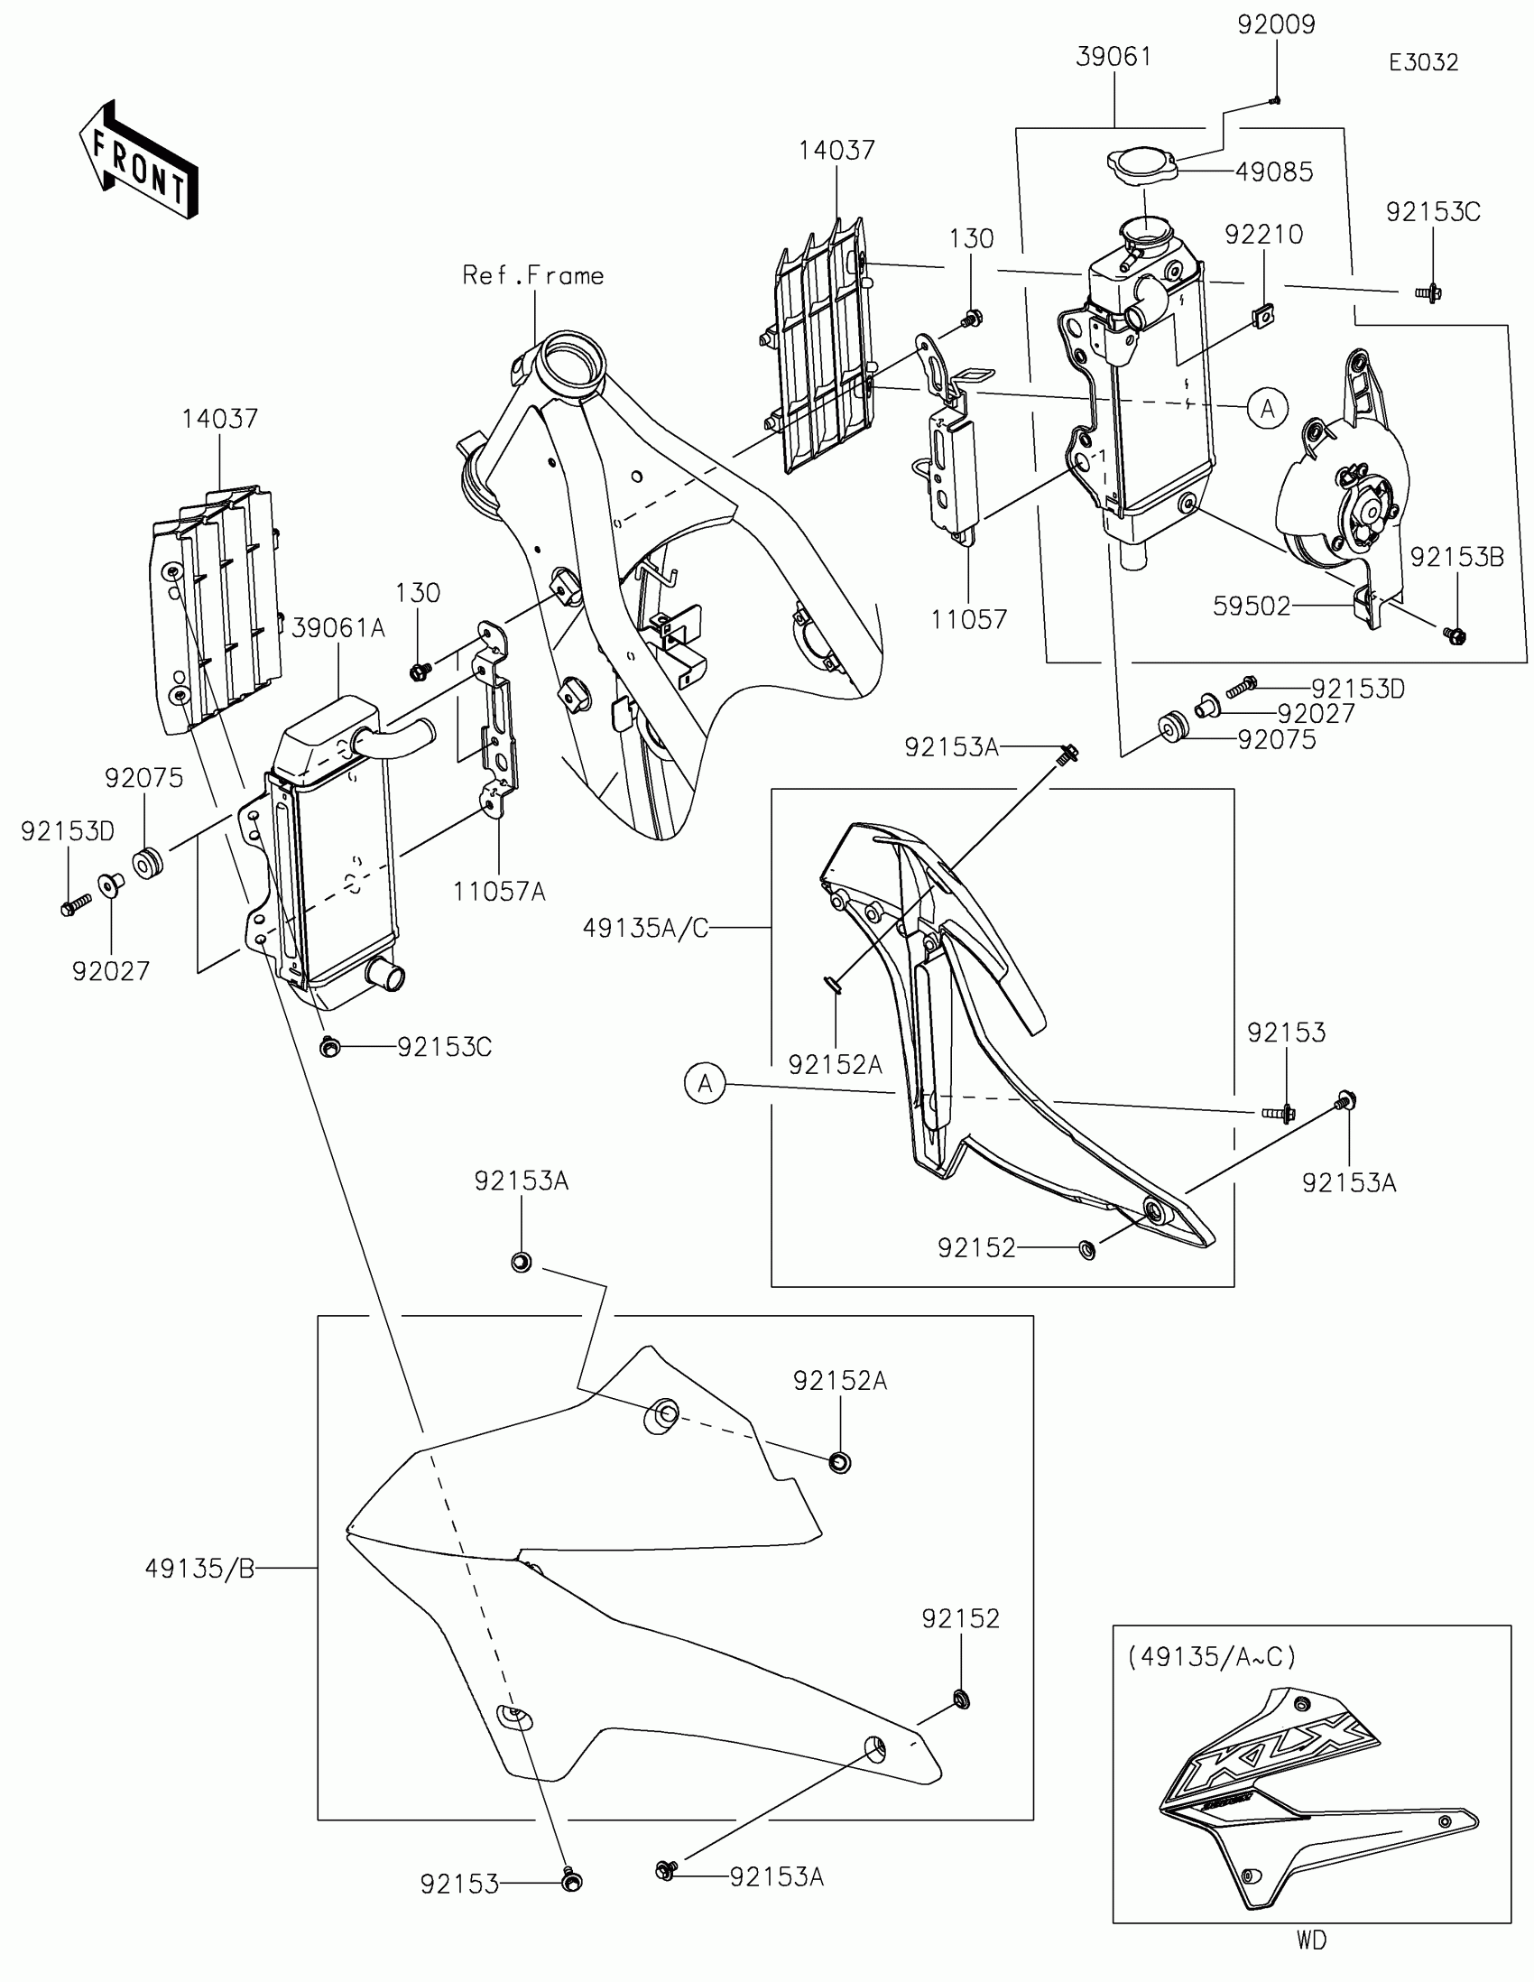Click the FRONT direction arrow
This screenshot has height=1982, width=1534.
pyautogui.click(x=138, y=160)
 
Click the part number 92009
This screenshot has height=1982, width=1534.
pyautogui.click(x=1275, y=24)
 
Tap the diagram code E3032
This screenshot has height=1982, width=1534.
pyautogui.click(x=1423, y=62)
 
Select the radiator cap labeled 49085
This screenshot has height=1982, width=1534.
pyautogui.click(x=1141, y=166)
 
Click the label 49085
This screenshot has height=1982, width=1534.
pyautogui.click(x=1273, y=171)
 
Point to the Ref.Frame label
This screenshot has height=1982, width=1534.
pyautogui.click(x=532, y=276)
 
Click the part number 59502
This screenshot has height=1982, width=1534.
pyautogui.click(x=1252, y=607)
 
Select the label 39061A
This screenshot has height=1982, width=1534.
pyautogui.click(x=338, y=628)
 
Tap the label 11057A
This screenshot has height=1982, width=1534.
pyautogui.click(x=499, y=892)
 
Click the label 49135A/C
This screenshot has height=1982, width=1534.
pyautogui.click(x=645, y=929)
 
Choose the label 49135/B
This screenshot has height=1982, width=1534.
pyautogui.click(x=199, y=1568)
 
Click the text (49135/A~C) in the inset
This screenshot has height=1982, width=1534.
pyautogui.click(x=1212, y=1656)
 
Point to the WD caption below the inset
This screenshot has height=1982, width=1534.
pyautogui.click(x=1311, y=1940)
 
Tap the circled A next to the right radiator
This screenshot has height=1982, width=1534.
pyautogui.click(x=1267, y=409)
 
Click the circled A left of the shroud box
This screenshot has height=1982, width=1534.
pyautogui.click(x=705, y=1084)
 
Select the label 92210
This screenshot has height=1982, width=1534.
pyautogui.click(x=1262, y=235)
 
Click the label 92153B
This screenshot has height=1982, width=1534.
pyautogui.click(x=1457, y=557)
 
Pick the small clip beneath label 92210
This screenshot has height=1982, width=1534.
pyautogui.click(x=1261, y=315)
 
